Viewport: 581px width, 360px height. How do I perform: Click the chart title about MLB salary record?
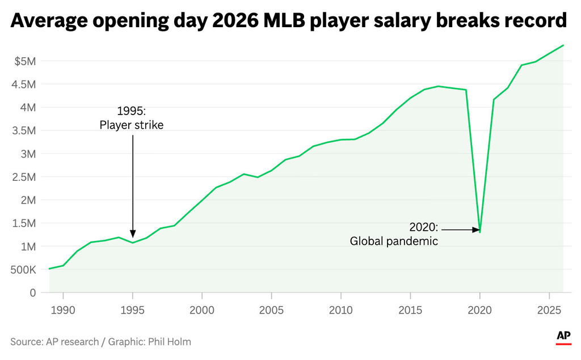coord(289,21)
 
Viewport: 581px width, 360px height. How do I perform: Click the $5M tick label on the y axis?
coord(24,61)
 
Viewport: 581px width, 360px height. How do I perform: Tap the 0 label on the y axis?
coord(33,293)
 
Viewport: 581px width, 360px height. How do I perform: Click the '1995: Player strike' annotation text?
coord(132,117)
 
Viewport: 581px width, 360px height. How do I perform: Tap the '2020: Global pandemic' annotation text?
coord(394,234)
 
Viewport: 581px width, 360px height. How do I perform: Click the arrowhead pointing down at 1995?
coord(133,234)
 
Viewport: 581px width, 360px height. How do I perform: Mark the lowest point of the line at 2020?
coord(480,232)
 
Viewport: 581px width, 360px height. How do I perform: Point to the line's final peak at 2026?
coord(563,45)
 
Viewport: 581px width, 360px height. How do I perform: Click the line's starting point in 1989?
coord(49,269)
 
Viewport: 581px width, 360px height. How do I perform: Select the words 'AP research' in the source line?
coord(70,341)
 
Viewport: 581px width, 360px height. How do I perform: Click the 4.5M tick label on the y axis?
coord(23,84)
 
